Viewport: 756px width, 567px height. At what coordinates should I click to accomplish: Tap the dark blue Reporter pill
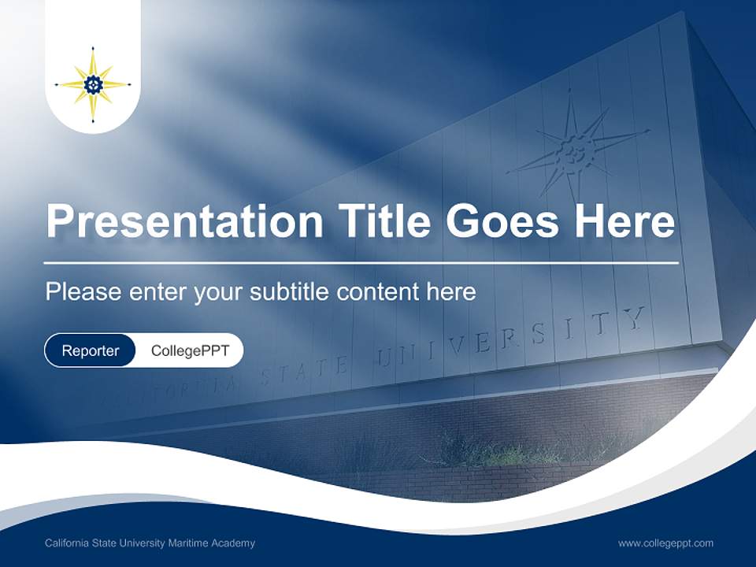pyautogui.click(x=90, y=350)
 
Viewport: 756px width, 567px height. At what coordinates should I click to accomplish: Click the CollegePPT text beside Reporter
pyautogui.click(x=190, y=350)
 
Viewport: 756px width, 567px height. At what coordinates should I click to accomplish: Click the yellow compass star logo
pyautogui.click(x=93, y=84)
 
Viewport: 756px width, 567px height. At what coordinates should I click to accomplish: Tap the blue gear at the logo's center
pyautogui.click(x=93, y=84)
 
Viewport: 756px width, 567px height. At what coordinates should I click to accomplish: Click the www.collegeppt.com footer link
pyautogui.click(x=665, y=543)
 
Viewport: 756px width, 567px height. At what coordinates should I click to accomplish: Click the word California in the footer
pyautogui.click(x=67, y=543)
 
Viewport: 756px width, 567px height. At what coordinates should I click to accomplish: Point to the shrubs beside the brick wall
pyautogui.click(x=488, y=450)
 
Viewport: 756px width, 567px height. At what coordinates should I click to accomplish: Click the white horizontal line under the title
pyautogui.click(x=361, y=262)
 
